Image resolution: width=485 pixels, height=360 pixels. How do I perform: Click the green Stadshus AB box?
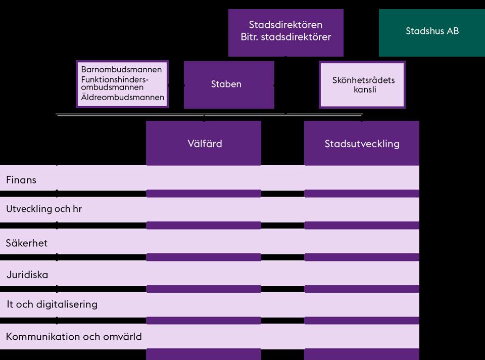432,32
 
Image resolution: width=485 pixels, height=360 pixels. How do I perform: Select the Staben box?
229,84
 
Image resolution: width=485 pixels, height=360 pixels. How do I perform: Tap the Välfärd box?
204,143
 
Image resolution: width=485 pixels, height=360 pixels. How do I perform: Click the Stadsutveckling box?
362,143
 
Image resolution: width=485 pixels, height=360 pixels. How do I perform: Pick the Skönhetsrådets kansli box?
362,84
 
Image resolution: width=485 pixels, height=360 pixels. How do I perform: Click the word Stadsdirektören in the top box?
285,25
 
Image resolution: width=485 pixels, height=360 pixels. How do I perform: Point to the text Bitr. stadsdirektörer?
286,37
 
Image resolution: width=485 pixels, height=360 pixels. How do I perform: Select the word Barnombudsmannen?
121,69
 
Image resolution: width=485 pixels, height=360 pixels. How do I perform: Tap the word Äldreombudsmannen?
122,97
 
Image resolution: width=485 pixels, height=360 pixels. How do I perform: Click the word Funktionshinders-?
115,79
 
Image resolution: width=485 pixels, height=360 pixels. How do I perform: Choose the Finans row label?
21,180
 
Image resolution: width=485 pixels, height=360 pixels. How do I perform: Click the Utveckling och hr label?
44,209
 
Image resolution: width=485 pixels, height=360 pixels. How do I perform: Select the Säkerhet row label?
27,243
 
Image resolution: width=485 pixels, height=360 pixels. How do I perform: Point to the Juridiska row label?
27,275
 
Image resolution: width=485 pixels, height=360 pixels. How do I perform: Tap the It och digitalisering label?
52,304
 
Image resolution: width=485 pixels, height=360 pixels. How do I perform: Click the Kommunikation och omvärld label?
74,336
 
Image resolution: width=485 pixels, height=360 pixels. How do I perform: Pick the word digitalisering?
67,304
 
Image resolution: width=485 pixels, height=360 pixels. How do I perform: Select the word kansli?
365,90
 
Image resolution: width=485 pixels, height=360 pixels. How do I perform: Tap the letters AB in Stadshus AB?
453,31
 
